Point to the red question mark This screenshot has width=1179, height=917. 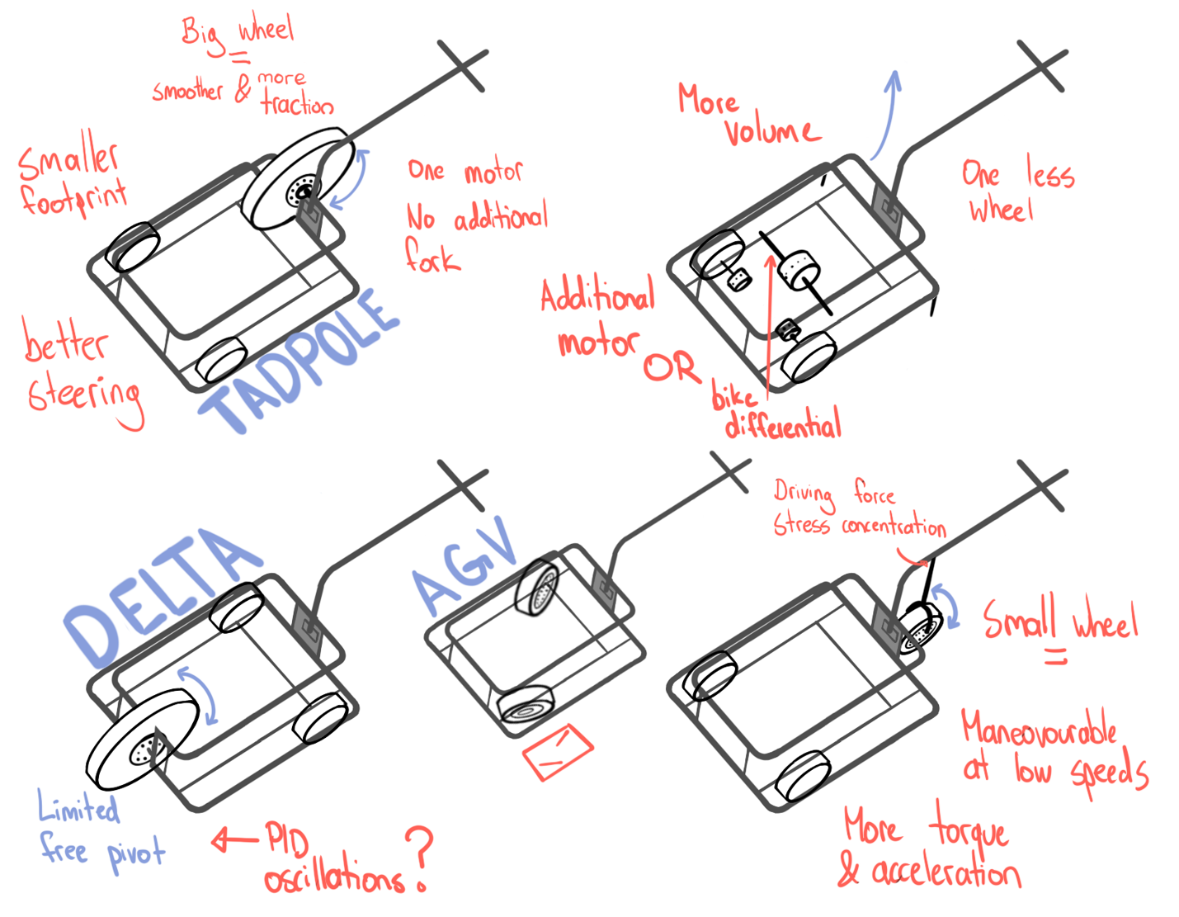[419, 858]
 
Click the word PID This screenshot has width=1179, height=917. [287, 840]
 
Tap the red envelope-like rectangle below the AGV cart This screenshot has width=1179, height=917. [558, 751]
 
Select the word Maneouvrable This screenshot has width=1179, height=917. [1039, 730]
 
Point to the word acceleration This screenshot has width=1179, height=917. [946, 872]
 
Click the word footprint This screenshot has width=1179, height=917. [73, 198]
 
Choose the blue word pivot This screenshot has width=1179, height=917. [135, 854]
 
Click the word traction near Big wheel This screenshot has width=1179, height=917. [297, 104]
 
